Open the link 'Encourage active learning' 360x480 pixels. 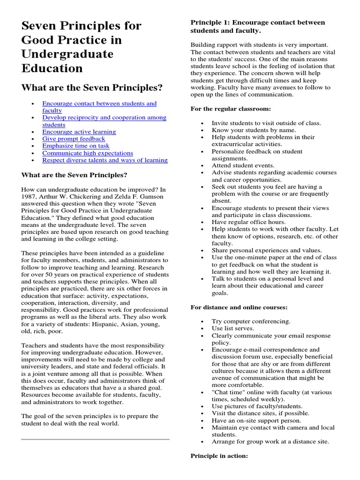[79, 132]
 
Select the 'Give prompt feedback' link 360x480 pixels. [74, 139]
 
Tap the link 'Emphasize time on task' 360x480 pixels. [75, 146]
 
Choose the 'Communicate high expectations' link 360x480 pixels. [88, 153]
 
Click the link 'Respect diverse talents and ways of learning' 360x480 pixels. [105, 160]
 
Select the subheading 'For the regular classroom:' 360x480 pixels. [230, 109]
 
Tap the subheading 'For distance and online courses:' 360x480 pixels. [239, 307]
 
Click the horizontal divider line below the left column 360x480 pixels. [95, 439]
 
